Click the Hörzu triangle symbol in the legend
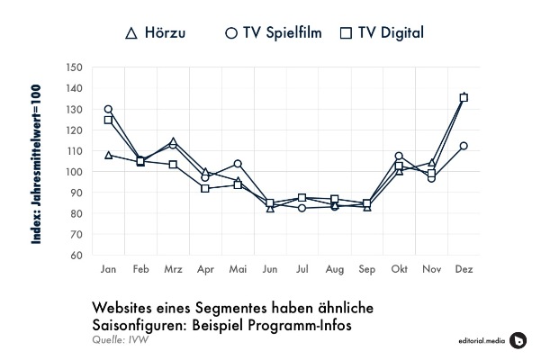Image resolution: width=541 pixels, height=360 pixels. click(x=131, y=33)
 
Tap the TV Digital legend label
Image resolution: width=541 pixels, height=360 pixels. click(x=390, y=33)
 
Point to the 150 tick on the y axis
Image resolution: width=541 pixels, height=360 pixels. click(x=75, y=67)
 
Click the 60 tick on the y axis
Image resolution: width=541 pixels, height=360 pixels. click(x=77, y=255)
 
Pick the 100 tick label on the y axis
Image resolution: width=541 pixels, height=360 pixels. click(x=75, y=172)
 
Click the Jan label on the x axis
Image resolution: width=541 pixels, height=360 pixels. click(x=108, y=269)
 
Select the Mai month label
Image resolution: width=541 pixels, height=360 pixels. click(x=238, y=269)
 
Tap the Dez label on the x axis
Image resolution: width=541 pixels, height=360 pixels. click(x=464, y=269)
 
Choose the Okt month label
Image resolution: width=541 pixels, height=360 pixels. click(x=399, y=269)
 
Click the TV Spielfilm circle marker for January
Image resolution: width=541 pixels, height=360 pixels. click(x=108, y=109)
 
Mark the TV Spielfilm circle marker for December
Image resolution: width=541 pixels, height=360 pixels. click(x=464, y=146)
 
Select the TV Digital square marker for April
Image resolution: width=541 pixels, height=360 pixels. click(x=205, y=188)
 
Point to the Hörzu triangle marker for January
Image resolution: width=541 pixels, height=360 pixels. click(x=108, y=155)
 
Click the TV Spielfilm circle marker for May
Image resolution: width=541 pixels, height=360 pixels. click(x=238, y=164)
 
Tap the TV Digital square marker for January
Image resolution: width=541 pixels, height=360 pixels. click(x=108, y=120)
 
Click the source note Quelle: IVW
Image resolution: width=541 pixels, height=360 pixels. click(x=119, y=339)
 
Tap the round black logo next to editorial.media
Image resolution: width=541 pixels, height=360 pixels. click(x=518, y=339)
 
